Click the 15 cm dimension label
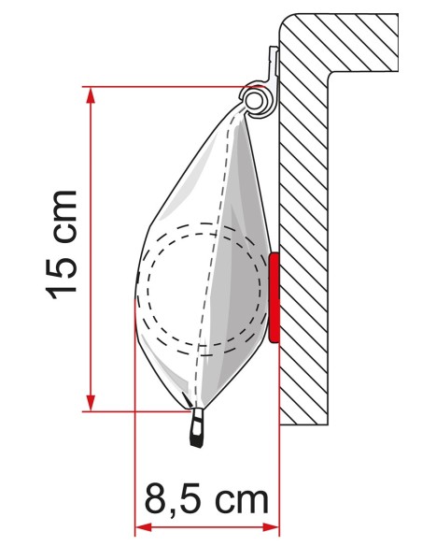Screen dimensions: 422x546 coord(62,245)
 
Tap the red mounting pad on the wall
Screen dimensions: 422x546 coord(274,297)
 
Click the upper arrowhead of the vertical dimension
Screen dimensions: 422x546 coord(91,95)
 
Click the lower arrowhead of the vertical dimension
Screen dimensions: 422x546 coord(91,403)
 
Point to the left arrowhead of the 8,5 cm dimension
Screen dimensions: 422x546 coord(143,527)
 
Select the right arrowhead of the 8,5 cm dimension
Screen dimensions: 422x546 coord(271,527)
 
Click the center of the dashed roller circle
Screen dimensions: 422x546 coord(204,289)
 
